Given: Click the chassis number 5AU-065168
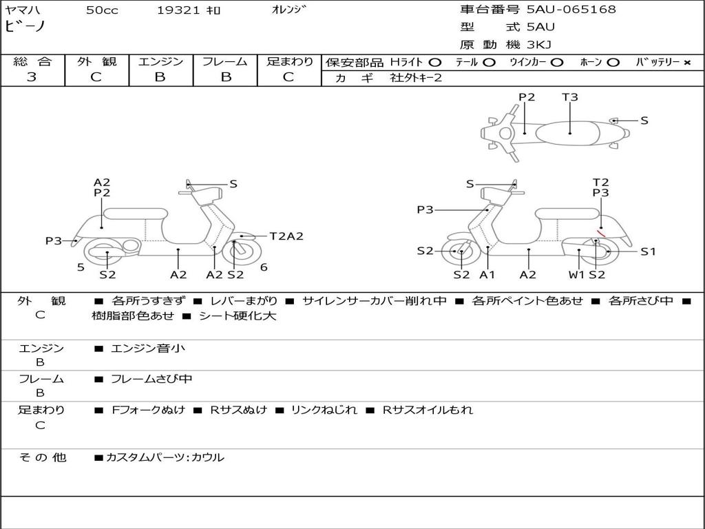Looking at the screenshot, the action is [571, 10].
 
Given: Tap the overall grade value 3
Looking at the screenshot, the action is [32, 77].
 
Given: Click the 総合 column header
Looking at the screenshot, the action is [32, 61].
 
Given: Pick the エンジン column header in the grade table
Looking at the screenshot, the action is [160, 61].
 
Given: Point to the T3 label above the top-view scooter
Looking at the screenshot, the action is [570, 97].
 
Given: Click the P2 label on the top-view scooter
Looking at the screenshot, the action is [527, 97].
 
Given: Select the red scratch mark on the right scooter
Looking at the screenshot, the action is [601, 233].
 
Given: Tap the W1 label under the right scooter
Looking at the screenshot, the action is [576, 275].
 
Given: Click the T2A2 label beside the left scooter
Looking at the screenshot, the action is [286, 236].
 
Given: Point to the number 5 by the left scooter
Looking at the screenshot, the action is [81, 267].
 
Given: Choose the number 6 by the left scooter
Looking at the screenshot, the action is [264, 267].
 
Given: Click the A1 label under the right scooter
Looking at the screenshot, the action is [487, 275].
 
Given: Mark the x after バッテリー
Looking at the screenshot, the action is [687, 62].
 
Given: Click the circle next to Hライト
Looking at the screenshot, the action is [435, 62].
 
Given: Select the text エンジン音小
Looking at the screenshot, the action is [148, 349].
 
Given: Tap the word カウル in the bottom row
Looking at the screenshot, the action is [208, 457].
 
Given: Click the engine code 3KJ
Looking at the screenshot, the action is [542, 45].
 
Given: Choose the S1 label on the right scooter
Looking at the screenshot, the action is [648, 251].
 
